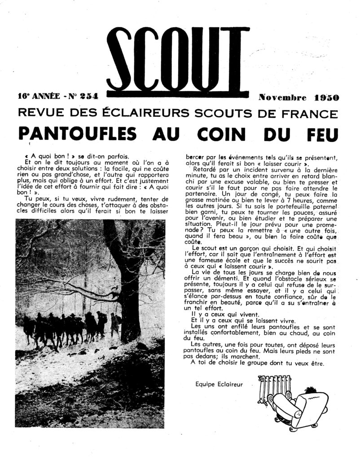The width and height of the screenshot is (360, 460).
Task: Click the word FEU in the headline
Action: coord(320,133)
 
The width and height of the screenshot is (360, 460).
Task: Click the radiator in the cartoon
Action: coord(273,388)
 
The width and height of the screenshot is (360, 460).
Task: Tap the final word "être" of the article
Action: coord(315,363)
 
